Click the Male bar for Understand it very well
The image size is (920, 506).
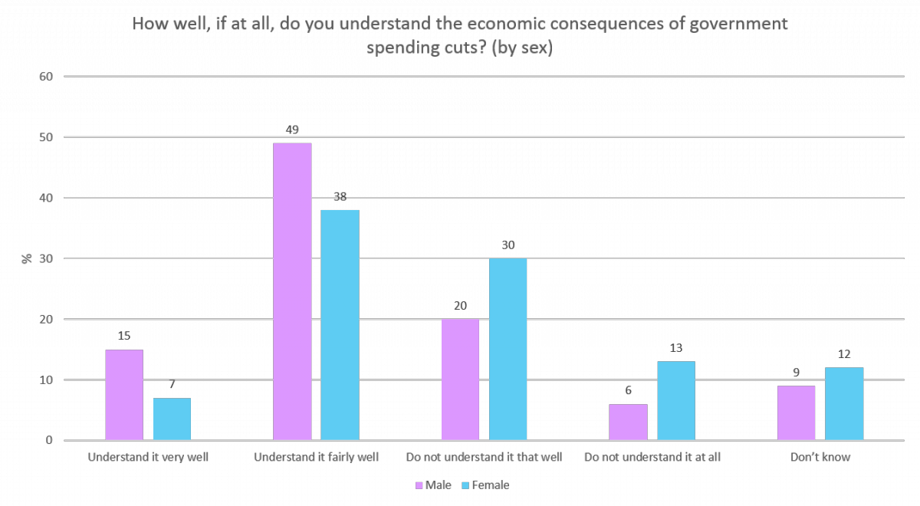coord(124,395)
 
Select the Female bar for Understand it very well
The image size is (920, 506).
coord(172,419)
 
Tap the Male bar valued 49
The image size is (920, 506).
coord(292,292)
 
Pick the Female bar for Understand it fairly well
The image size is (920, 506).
coord(340,325)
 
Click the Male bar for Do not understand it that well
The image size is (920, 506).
coord(460,379)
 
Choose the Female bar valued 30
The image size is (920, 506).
coord(508,350)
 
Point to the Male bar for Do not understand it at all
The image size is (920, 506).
coord(628,422)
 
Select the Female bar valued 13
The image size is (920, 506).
coord(675,401)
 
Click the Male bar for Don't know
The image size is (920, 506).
coord(796,413)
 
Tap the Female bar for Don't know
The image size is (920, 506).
coord(844,404)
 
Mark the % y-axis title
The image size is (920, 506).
coord(27,258)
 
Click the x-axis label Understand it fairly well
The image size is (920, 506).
coord(316,458)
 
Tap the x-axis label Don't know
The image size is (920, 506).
coord(820,458)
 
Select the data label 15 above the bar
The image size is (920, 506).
coord(124,337)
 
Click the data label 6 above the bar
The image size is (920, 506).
coord(628,391)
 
